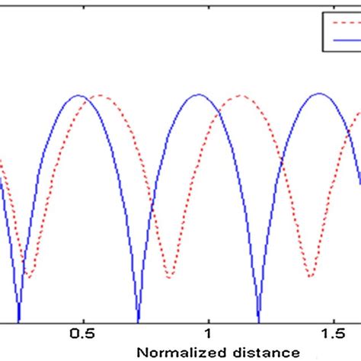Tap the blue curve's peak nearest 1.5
pos(319,95)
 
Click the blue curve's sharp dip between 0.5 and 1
pos(138,320)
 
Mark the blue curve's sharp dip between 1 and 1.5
pos(259,320)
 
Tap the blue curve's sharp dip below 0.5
pos(19,320)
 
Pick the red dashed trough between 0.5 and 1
pos(171,275)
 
